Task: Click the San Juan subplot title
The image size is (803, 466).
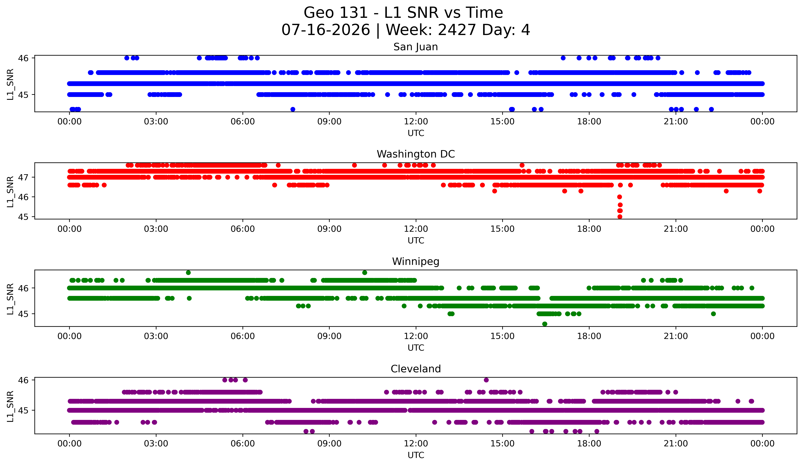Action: click(x=416, y=47)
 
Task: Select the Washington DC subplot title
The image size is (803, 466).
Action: click(x=416, y=154)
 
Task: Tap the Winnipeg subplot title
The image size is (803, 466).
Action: click(x=416, y=262)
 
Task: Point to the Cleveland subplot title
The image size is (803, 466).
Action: click(x=416, y=369)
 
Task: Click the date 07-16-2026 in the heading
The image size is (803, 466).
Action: click(x=326, y=30)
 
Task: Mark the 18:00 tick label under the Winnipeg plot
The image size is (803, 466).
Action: click(x=589, y=336)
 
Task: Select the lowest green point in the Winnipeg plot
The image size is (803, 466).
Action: click(x=545, y=324)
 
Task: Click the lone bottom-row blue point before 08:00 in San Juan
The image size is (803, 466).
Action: click(x=292, y=109)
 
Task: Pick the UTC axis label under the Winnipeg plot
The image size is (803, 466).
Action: click(x=416, y=348)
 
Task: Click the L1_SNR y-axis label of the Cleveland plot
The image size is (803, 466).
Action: click(x=10, y=406)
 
